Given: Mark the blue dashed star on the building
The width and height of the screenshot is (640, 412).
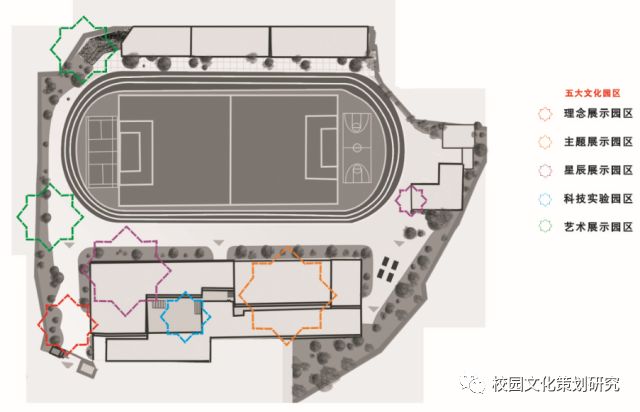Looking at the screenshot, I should pos(185,317).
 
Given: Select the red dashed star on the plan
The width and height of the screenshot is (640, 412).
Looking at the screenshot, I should pos(66,324).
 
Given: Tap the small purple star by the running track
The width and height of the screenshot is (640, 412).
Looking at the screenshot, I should pos(411,199).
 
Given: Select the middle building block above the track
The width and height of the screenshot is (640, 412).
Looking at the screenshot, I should pos(229,39).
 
